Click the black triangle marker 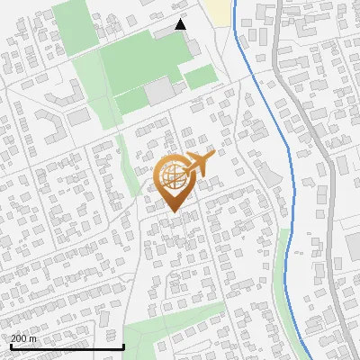(x=181, y=24)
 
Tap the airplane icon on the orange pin (x=199, y=164)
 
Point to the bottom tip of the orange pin (x=172, y=212)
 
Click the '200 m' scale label (x=24, y=337)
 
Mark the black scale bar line (x=67, y=346)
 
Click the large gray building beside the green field (x=162, y=90)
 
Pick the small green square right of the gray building (x=200, y=77)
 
